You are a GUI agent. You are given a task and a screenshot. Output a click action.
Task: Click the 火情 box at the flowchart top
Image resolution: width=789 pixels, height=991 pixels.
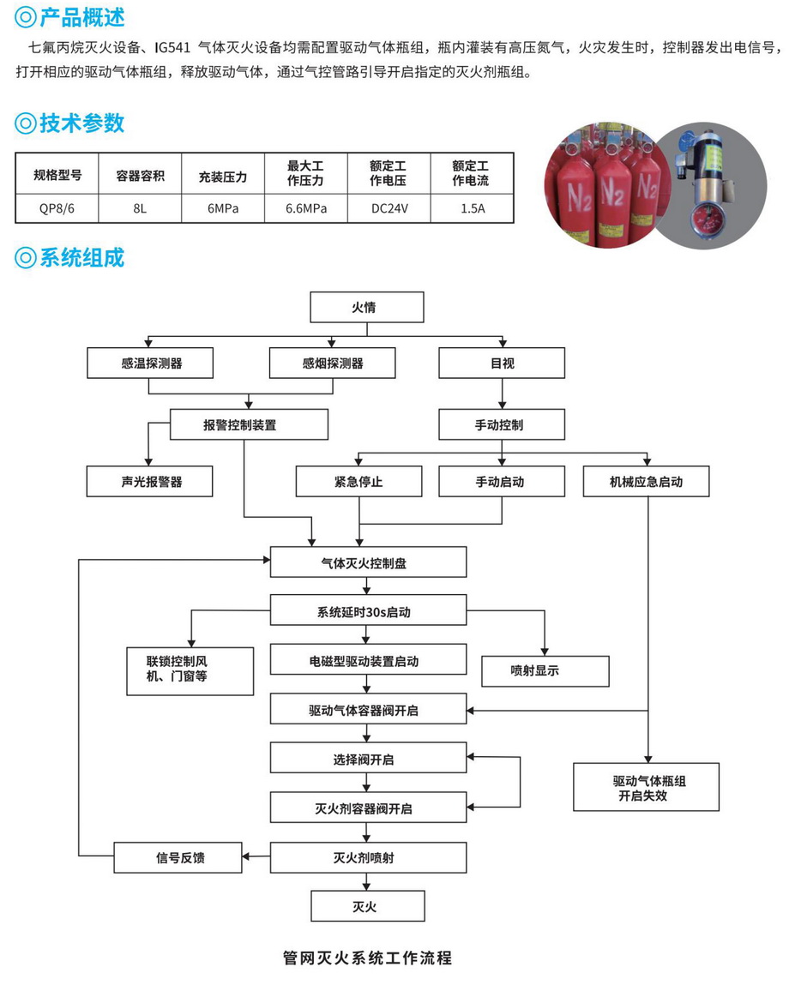[366, 307]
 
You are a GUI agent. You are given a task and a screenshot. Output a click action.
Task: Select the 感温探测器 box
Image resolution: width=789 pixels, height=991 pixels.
[151, 363]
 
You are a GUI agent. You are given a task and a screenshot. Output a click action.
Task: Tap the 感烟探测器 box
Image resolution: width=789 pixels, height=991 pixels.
[333, 363]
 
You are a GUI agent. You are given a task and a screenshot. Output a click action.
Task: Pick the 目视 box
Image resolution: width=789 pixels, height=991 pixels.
[502, 363]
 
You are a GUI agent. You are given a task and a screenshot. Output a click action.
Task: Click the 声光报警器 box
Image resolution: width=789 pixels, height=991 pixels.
[151, 482]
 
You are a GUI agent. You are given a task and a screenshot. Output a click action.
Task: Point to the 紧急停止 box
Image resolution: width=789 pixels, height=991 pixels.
[358, 482]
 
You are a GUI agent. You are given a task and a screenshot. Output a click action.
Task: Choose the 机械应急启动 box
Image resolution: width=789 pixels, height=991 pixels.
[646, 482]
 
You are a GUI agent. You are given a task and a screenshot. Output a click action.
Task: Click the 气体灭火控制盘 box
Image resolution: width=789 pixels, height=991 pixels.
[369, 562]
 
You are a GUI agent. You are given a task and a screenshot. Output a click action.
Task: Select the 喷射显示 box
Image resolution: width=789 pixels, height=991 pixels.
[545, 671]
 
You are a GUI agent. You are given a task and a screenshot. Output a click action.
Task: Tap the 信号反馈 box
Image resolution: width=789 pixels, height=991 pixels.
[178, 857]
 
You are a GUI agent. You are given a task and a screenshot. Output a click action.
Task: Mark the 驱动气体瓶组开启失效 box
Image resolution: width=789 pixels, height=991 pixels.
[646, 787]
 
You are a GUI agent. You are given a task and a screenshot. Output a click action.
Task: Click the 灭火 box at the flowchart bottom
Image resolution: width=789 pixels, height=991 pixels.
[366, 906]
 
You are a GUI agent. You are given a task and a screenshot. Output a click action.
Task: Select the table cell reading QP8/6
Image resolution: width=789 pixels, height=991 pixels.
[57, 207]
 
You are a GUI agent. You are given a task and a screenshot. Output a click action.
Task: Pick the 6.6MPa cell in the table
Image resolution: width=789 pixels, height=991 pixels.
[305, 207]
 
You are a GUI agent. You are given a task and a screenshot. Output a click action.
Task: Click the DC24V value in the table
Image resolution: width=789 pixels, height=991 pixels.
[388, 207]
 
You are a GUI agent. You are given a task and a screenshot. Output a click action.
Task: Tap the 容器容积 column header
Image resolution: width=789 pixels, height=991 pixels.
[140, 177]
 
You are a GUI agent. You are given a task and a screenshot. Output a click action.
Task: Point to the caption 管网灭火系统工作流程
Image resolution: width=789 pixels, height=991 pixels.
[367, 958]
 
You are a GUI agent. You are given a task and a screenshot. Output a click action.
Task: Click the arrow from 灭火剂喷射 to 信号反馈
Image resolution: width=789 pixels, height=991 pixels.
[256, 856]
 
